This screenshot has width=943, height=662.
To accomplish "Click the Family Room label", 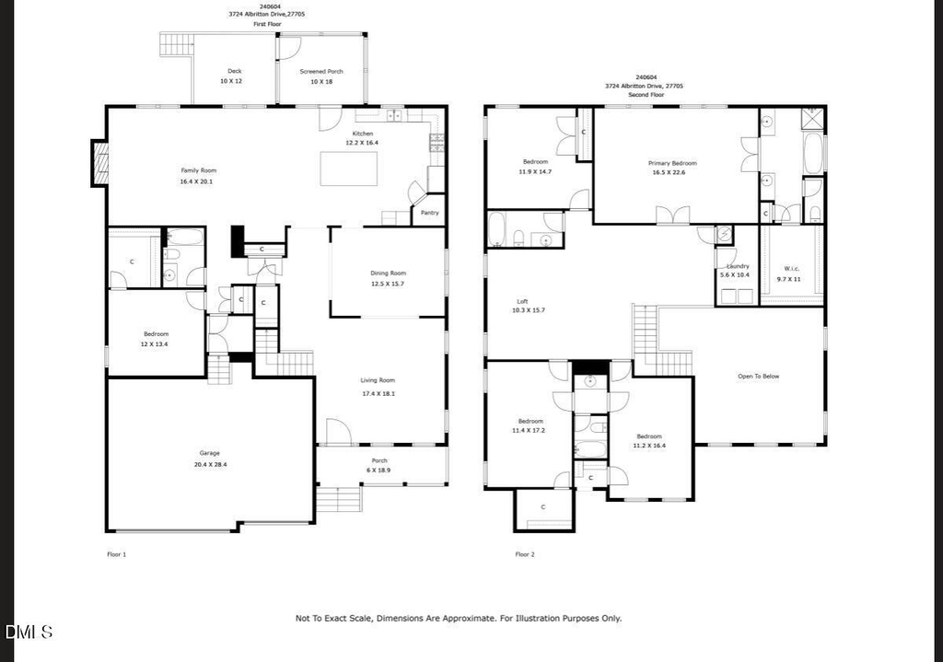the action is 199,170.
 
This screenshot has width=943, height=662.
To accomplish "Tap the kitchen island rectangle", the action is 349,168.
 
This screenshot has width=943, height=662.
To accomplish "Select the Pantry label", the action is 429,213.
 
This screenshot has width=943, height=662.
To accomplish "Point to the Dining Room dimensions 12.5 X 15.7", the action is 388,284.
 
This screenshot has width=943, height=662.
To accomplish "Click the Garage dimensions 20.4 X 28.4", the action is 210,465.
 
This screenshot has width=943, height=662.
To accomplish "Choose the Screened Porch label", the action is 321,72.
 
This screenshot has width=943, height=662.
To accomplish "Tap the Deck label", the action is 235,71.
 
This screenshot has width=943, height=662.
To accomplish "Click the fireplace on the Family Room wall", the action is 99,163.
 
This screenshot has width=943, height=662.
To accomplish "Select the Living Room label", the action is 378,380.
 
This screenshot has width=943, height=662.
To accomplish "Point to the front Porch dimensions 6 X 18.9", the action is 378,470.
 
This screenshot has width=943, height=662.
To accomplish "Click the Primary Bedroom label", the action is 672,164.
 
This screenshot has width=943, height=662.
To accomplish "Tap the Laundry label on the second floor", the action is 738,266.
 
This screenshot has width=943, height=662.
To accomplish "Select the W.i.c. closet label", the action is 791,269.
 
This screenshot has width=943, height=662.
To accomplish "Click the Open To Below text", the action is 759,377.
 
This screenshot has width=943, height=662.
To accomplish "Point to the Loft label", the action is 523,302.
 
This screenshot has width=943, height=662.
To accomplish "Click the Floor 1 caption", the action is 117,554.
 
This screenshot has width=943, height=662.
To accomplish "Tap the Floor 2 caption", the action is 525,554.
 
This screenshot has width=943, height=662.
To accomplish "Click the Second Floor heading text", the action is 646,95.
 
